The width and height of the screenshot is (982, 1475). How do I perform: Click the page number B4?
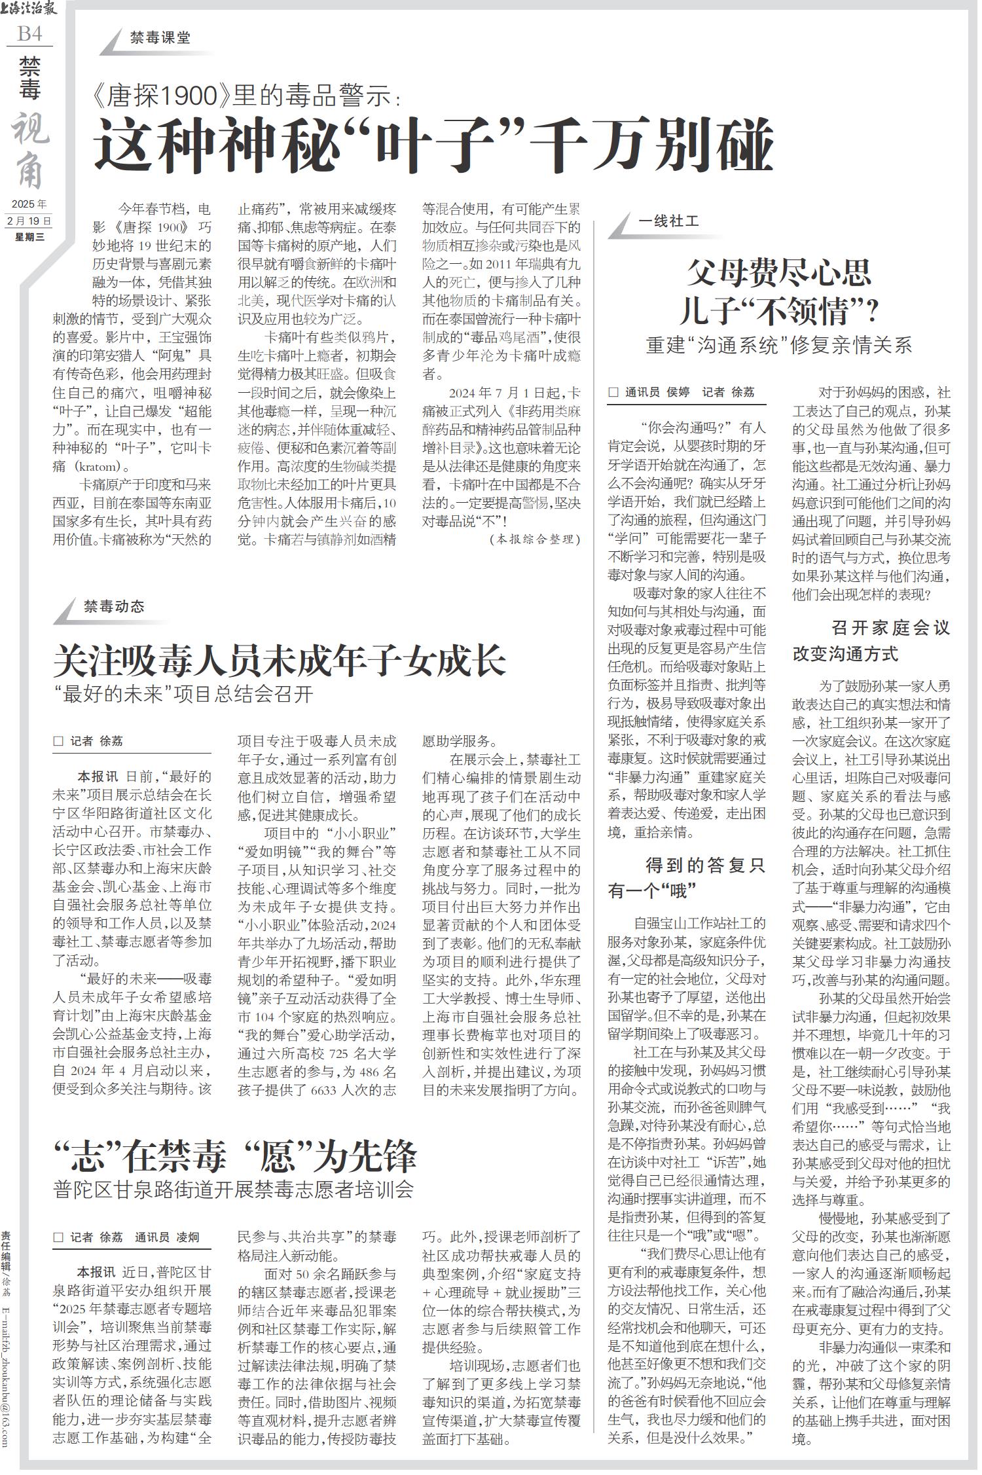(29, 33)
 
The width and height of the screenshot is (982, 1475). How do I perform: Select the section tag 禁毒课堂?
(160, 38)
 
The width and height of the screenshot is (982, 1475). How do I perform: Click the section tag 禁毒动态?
(114, 606)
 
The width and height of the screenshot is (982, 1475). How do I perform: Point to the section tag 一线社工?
(668, 222)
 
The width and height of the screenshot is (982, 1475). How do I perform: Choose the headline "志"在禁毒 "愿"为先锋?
(235, 1157)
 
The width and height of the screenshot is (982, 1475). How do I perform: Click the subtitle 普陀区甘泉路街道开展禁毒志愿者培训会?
(234, 1190)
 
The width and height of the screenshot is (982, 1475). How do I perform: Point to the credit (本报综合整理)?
(534, 539)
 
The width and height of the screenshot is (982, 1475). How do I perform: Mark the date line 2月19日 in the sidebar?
(29, 221)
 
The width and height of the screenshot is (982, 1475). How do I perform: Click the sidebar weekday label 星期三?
(29, 237)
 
